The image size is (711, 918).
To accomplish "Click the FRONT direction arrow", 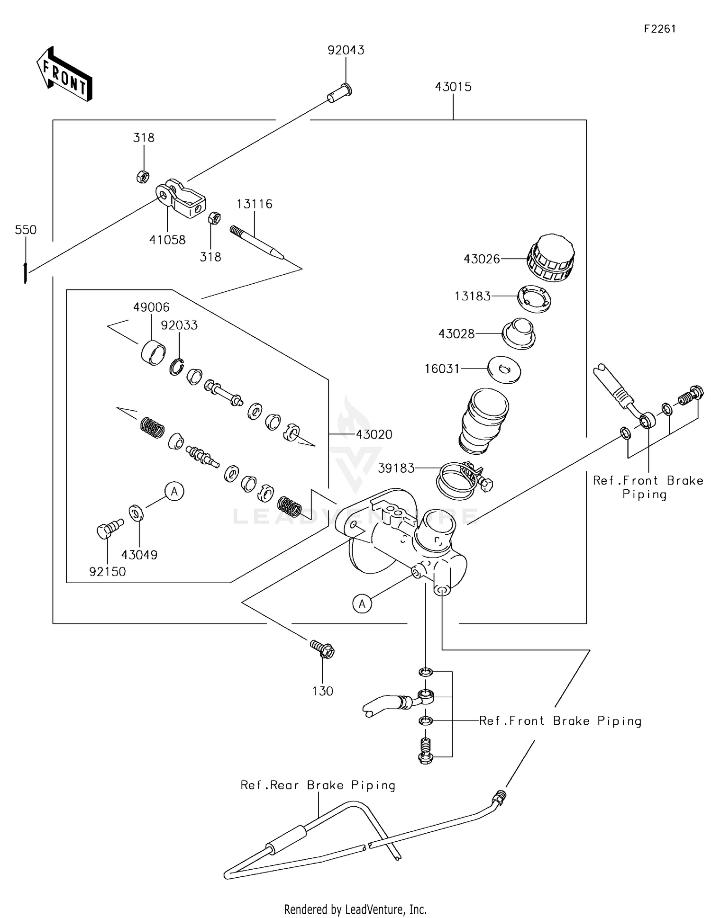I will pyautogui.click(x=64, y=74).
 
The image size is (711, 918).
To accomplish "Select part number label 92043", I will pyautogui.click(x=346, y=50).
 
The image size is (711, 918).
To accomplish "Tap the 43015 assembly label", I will pyautogui.click(x=453, y=87).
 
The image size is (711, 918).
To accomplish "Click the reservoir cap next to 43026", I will pyautogui.click(x=550, y=258).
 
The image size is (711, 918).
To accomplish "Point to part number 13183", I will pyautogui.click(x=472, y=296).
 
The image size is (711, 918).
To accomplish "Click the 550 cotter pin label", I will pyautogui.click(x=26, y=230).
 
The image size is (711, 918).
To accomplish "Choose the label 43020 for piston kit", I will pyautogui.click(x=374, y=434).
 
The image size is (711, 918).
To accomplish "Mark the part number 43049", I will pyautogui.click(x=139, y=555).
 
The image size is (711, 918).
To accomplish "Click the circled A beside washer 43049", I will pyautogui.click(x=174, y=492).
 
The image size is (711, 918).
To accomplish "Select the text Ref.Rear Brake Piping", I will pyautogui.click(x=318, y=785).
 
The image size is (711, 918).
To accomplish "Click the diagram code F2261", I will pyautogui.click(x=659, y=29).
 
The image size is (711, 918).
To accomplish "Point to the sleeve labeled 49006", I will pyautogui.click(x=153, y=353).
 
